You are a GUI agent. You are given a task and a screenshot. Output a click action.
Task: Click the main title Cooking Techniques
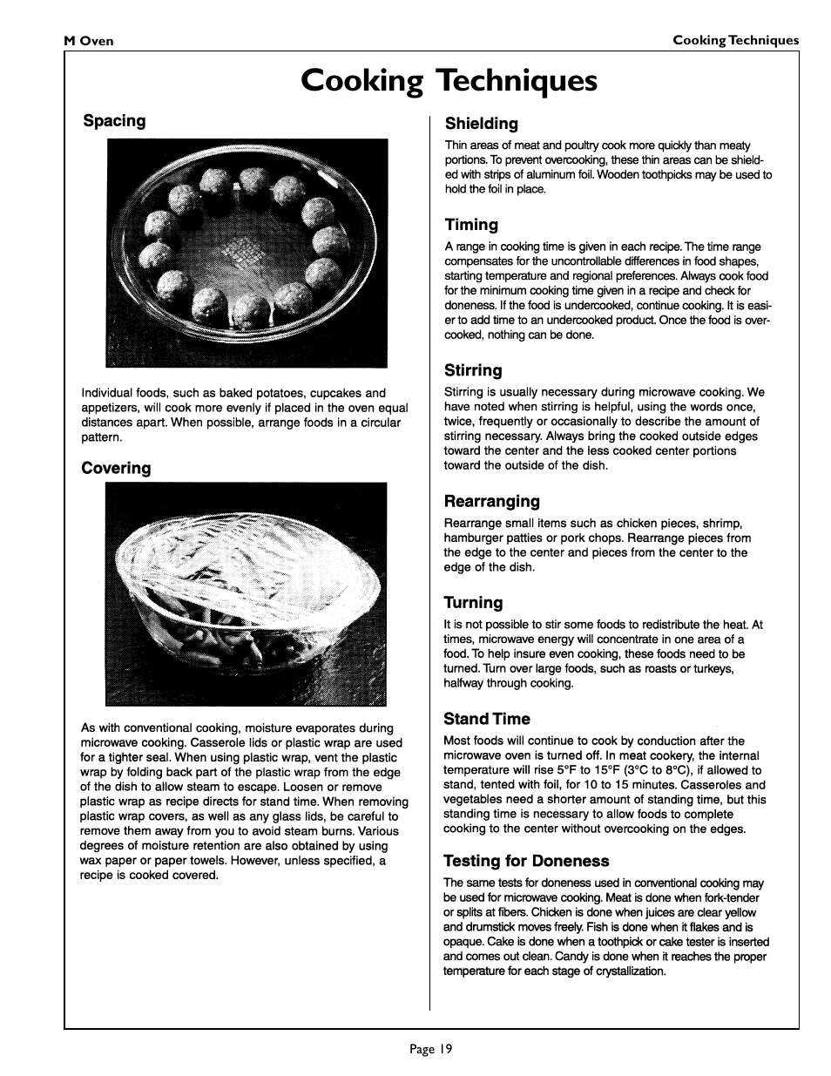click(449, 80)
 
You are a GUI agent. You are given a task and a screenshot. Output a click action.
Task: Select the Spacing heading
click(114, 121)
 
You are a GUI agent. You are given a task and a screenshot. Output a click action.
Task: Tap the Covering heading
click(116, 468)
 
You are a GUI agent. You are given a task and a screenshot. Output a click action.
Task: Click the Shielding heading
click(481, 124)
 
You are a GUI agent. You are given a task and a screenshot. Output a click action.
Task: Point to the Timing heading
click(471, 225)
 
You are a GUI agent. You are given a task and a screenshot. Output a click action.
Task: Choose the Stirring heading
click(473, 370)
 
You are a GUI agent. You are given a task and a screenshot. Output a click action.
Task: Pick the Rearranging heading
click(491, 501)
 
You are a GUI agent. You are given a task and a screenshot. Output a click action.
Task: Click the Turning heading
click(473, 602)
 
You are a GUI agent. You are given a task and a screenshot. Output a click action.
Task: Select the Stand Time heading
click(486, 719)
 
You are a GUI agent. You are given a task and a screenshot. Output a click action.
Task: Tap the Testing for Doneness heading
click(526, 861)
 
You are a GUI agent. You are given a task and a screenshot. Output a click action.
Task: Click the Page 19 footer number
click(431, 1049)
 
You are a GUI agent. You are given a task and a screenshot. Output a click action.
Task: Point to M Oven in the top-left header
click(89, 41)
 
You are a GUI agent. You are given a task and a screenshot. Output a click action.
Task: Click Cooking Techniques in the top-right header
click(735, 40)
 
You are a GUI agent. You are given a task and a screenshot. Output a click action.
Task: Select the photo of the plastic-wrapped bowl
click(247, 593)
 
